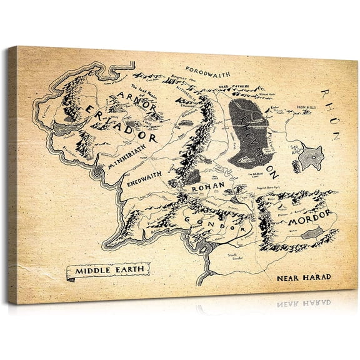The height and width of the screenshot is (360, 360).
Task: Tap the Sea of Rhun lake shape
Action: coord(308,158)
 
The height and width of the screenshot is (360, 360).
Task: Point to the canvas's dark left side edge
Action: coord(12,175)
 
